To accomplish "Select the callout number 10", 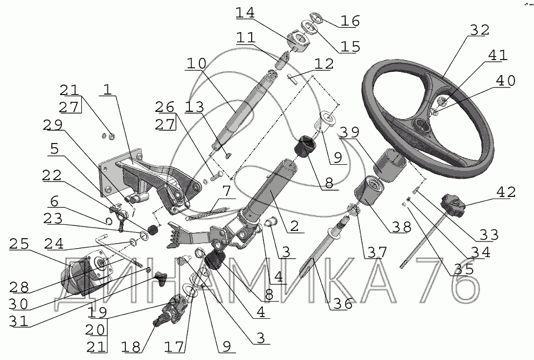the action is (195, 63).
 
